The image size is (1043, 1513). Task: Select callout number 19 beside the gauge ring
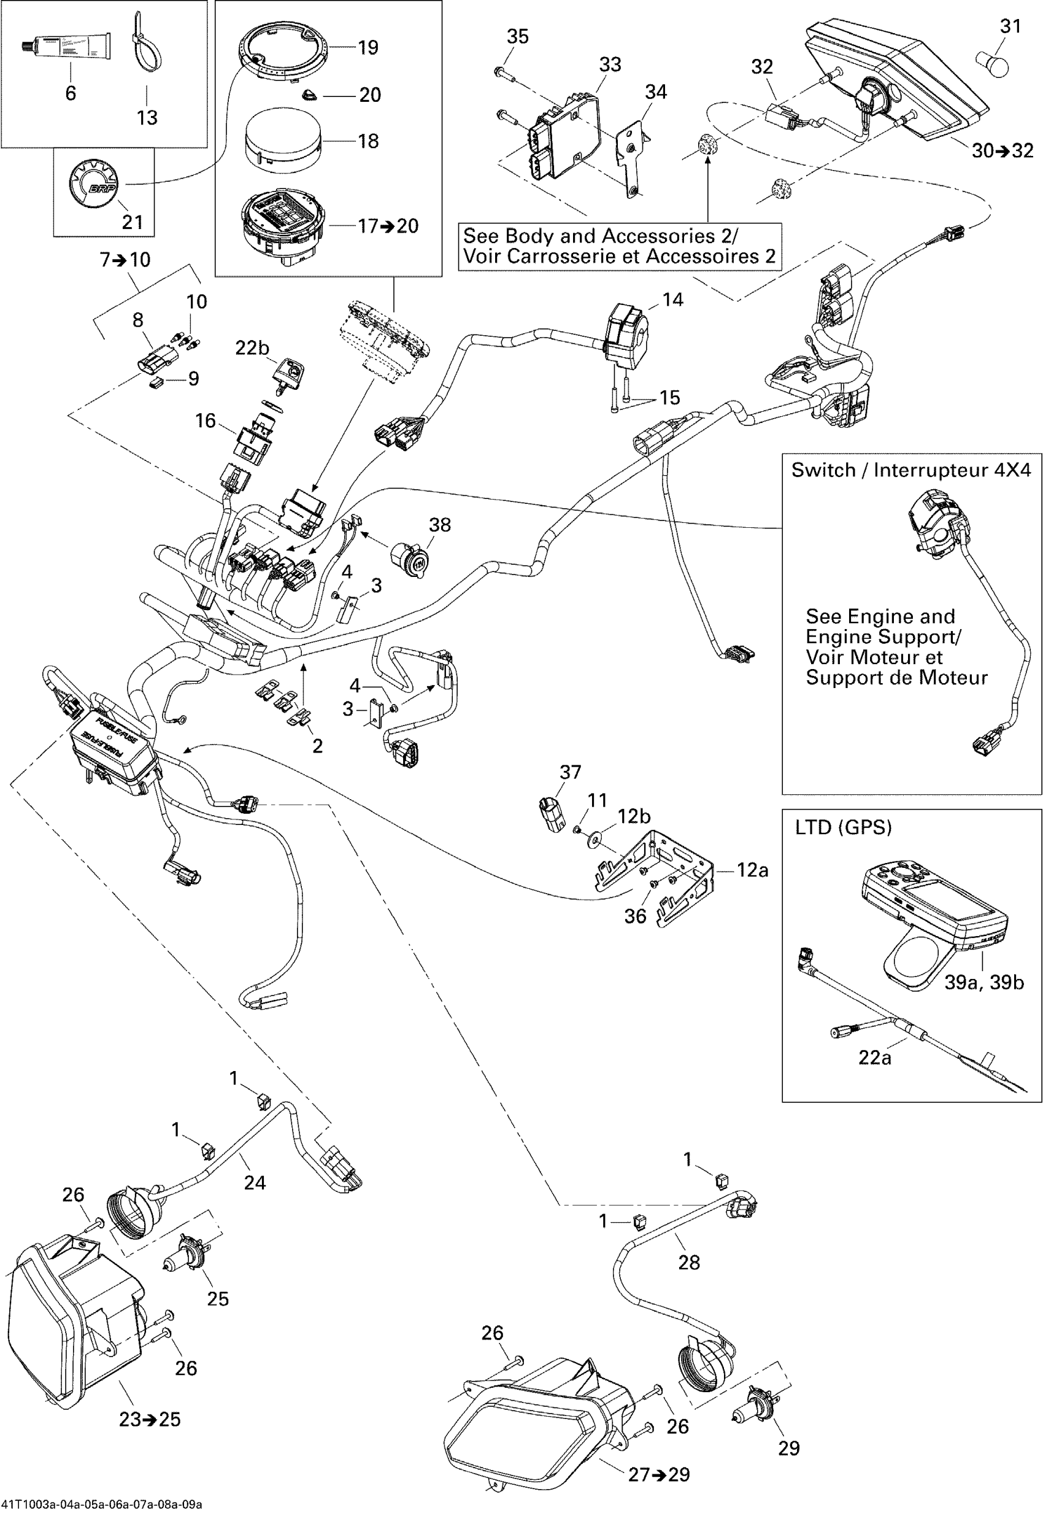[x=368, y=48]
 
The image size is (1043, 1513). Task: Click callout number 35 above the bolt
[x=518, y=37]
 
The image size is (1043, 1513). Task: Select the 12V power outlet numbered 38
[x=410, y=557]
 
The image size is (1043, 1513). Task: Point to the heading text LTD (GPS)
[x=843, y=828]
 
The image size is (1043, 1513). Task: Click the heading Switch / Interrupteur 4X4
[x=911, y=470]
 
